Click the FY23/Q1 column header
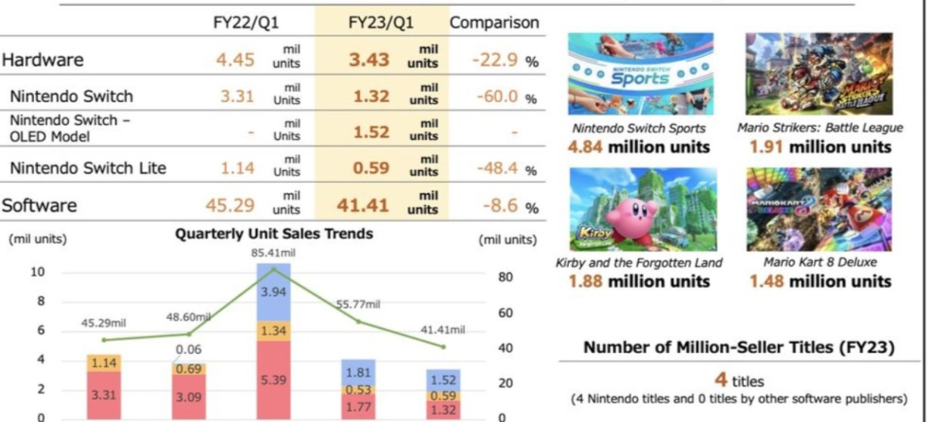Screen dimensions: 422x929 [381, 22]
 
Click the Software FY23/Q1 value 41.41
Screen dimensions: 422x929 [363, 205]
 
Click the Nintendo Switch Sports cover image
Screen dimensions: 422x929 [640, 74]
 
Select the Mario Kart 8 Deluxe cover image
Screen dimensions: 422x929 [818, 209]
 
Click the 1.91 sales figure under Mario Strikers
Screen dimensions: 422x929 [765, 147]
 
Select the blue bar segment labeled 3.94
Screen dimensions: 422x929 [274, 292]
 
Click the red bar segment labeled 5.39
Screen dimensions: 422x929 [274, 381]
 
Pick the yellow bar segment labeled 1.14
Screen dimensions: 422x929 [105, 362]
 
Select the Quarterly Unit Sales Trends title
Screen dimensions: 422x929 [274, 234]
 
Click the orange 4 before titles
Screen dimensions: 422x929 [720, 380]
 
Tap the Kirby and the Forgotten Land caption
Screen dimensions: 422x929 [639, 262]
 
